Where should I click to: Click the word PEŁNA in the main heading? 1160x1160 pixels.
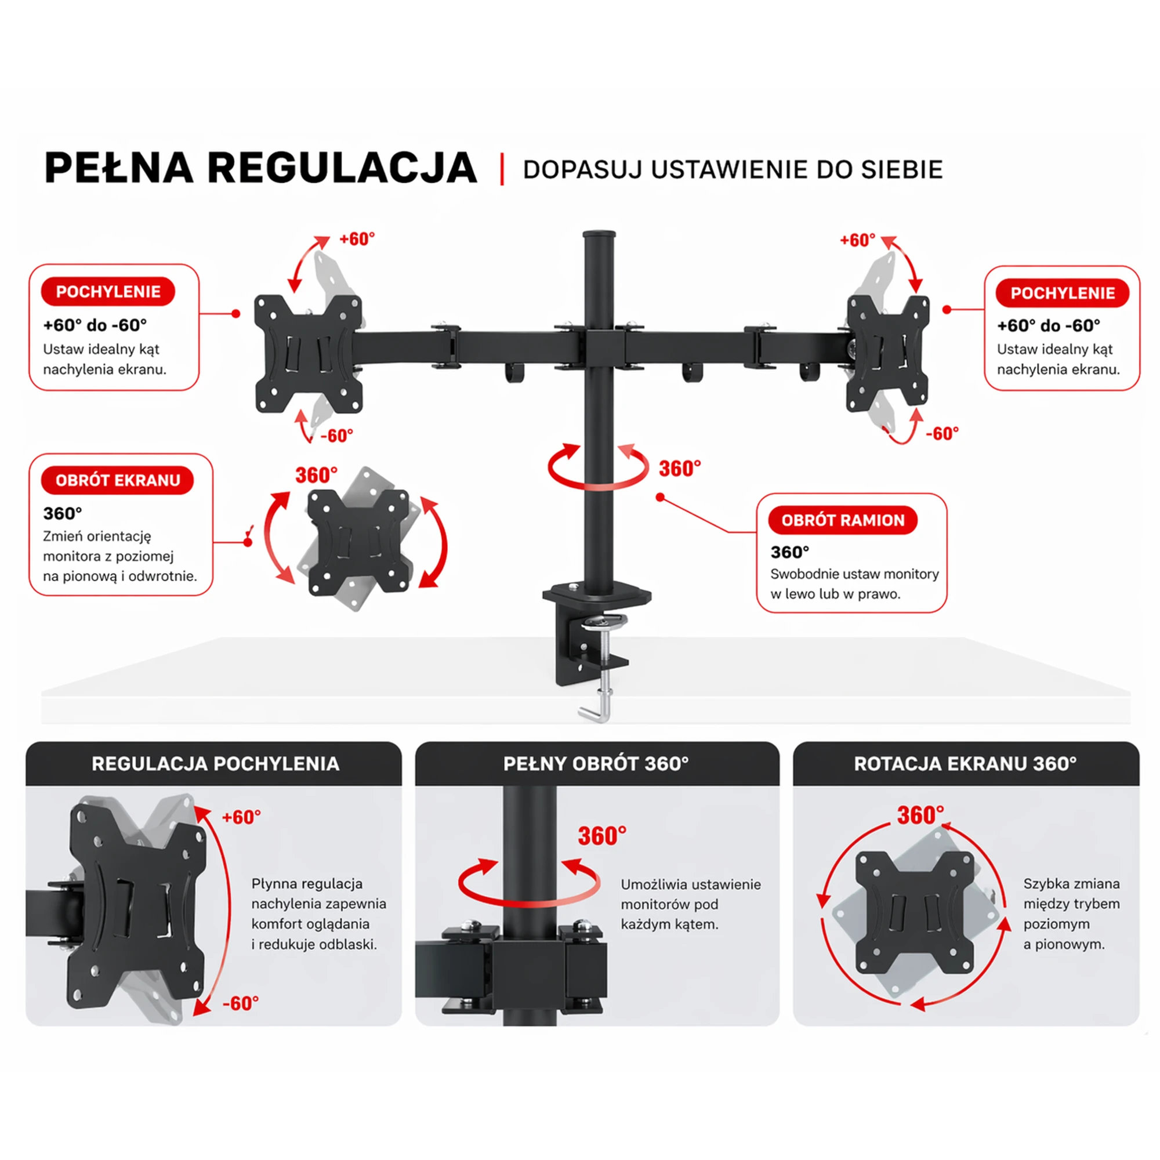(119, 168)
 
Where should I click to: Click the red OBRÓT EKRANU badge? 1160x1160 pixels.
(118, 480)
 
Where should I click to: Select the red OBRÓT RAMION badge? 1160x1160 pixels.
(843, 520)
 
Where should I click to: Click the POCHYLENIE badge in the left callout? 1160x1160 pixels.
(108, 292)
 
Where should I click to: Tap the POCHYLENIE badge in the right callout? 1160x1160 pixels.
(1062, 293)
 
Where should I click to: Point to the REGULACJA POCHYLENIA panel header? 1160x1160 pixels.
(214, 764)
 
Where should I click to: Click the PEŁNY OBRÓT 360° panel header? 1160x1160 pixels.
(597, 764)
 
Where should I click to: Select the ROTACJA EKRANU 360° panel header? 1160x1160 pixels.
(966, 764)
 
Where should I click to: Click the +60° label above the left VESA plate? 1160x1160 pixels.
(357, 239)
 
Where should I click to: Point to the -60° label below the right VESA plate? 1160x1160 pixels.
(942, 433)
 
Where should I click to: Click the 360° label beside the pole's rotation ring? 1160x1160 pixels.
(680, 468)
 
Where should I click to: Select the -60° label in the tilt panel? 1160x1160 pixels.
(240, 1003)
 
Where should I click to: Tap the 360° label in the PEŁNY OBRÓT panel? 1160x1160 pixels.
(602, 836)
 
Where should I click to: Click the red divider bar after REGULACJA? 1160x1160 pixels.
(502, 169)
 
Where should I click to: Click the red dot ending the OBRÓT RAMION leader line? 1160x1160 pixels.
(660, 497)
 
